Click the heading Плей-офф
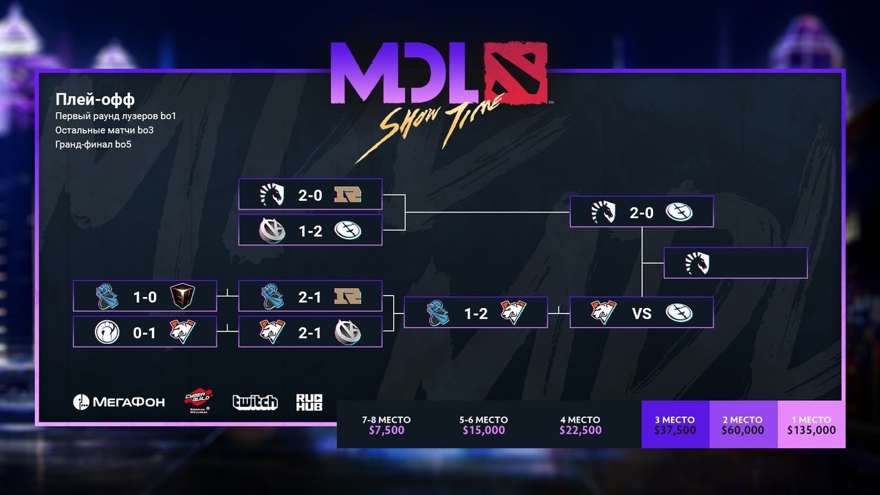(x=95, y=100)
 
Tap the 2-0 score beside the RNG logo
(x=310, y=195)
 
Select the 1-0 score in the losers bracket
(x=145, y=296)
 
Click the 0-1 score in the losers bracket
(x=145, y=333)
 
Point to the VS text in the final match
(x=641, y=313)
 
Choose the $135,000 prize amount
(x=811, y=430)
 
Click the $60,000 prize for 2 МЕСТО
(x=742, y=430)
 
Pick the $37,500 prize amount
(x=674, y=430)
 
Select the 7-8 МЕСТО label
(x=386, y=419)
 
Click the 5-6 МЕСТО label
(x=483, y=419)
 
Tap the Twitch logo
(x=255, y=401)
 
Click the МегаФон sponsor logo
(x=119, y=401)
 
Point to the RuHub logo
(x=309, y=401)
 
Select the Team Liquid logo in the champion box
(x=697, y=263)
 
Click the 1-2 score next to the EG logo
(x=310, y=230)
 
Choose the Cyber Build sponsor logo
(x=198, y=401)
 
